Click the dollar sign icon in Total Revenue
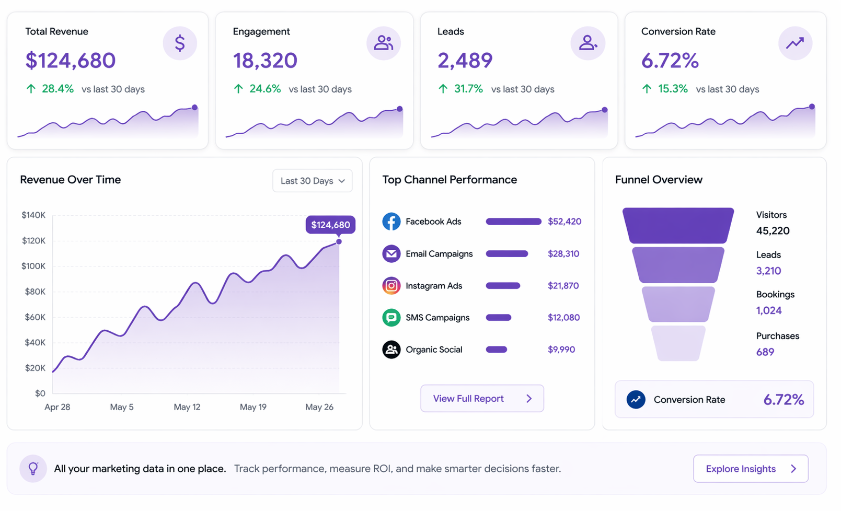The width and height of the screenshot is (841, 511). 180,43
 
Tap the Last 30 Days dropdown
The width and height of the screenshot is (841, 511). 312,181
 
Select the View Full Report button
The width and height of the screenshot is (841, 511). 482,399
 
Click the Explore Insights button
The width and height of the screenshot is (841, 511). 751,469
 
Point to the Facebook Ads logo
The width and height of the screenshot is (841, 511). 391,222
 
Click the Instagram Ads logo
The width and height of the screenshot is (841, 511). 391,286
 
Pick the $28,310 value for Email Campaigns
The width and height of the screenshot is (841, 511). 563,254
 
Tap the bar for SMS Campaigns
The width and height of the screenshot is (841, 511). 498,318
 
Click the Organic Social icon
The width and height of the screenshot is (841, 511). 391,350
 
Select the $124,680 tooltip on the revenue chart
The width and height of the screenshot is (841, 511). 330,225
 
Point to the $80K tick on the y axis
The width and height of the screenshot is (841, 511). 35,292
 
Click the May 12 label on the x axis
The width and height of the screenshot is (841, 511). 187,407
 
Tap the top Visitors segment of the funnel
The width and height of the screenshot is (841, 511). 678,225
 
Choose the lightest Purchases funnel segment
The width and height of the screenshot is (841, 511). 678,343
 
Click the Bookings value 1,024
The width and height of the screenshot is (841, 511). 769,310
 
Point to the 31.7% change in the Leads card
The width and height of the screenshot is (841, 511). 468,89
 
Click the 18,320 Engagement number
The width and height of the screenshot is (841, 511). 265,61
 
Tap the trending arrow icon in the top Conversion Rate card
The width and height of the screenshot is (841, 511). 795,43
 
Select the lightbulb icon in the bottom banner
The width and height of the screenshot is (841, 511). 33,468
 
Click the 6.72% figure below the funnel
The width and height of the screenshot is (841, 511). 783,400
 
